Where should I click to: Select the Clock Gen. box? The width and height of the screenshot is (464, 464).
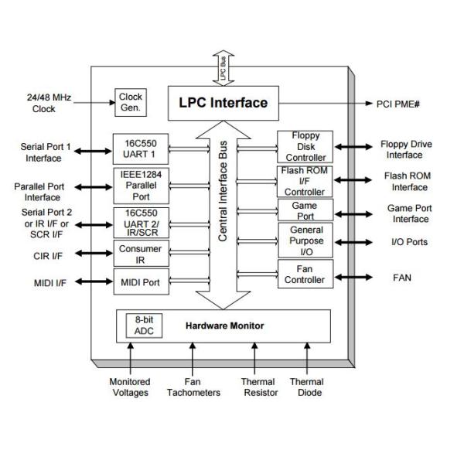(x=130, y=101)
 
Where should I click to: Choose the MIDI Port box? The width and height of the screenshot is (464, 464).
(x=140, y=282)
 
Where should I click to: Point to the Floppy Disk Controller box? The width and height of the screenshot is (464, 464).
(x=305, y=146)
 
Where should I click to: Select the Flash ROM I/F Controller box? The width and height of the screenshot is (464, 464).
(x=305, y=181)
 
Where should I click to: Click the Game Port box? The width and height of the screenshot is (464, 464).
(x=305, y=210)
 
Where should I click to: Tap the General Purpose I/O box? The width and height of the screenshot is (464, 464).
(x=305, y=241)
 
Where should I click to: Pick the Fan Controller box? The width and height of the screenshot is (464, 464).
(x=305, y=275)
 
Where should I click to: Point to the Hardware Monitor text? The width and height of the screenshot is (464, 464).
(x=224, y=326)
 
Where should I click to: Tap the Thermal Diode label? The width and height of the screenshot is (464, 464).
(x=306, y=387)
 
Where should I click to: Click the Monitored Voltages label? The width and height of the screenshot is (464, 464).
(x=129, y=387)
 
